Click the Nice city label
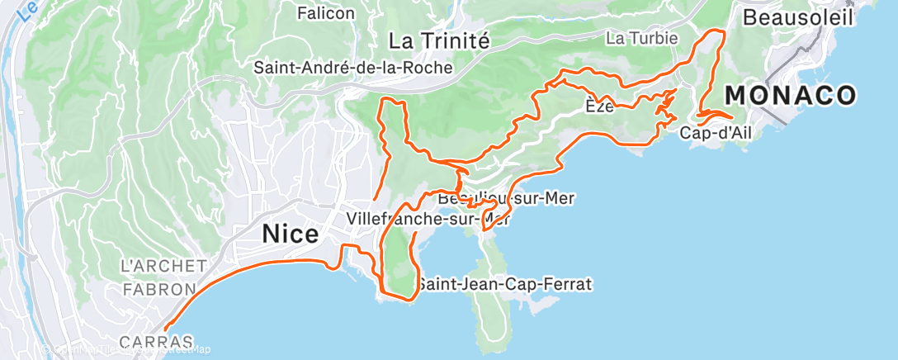click(290, 234)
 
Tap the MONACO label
click(790, 96)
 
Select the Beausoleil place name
click(796, 17)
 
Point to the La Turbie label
click(641, 38)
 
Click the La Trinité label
click(439, 40)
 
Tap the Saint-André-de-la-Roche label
click(353, 68)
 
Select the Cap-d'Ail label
click(717, 133)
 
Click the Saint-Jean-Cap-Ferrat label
click(503, 284)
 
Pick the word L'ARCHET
click(163, 266)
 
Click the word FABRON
click(158, 290)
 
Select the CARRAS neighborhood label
click(156, 341)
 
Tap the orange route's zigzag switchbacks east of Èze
click(663, 106)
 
